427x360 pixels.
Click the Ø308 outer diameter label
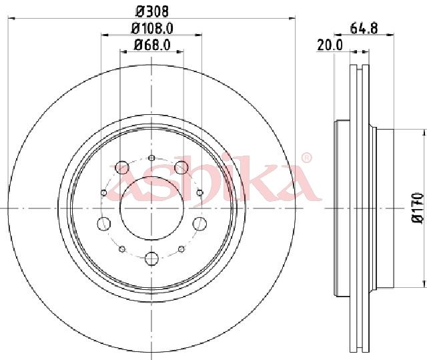pos(152,11)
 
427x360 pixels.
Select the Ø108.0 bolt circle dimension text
pos(152,28)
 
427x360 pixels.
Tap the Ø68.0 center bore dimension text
pos(152,45)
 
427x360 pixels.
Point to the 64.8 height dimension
pos(364,28)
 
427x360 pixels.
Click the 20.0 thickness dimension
pos(330,45)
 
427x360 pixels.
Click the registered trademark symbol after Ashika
pos(307,158)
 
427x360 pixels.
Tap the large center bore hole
pos(151,208)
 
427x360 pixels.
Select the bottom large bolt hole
pos(151,258)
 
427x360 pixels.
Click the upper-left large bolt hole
pos(121,168)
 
